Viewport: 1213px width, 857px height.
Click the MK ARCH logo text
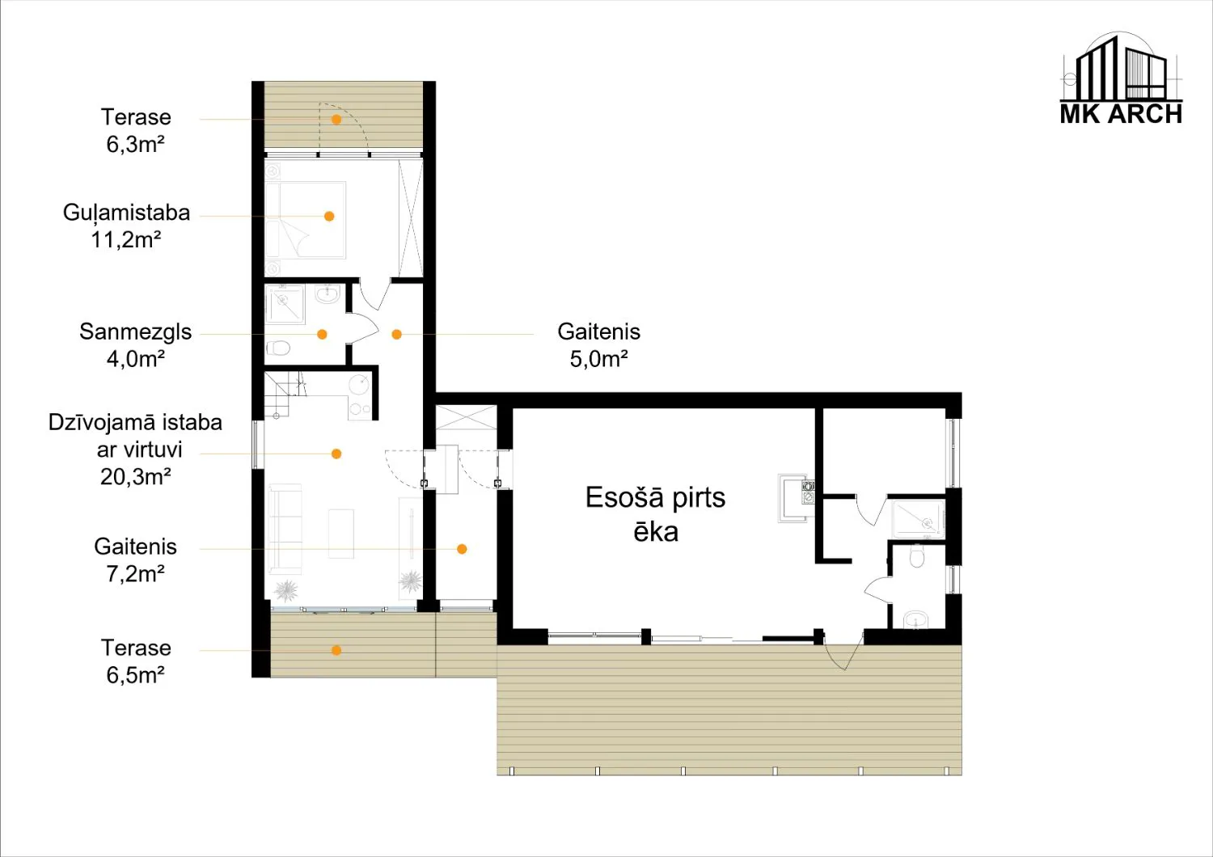[1121, 115]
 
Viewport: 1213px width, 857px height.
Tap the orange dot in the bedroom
[328, 216]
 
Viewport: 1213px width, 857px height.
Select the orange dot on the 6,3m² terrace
[336, 119]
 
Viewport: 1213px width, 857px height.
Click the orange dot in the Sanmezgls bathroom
[322, 334]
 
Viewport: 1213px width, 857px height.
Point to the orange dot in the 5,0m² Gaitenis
[396, 334]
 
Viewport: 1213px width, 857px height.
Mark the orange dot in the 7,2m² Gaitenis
[462, 549]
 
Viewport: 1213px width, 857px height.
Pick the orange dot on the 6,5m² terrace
[336, 650]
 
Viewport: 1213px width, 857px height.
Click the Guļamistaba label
[127, 213]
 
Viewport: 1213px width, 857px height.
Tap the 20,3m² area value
[136, 477]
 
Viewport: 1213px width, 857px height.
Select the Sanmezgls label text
[135, 332]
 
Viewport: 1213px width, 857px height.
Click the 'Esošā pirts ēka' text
[655, 514]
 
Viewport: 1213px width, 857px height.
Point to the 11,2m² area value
[126, 240]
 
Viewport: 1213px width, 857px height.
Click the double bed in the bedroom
[306, 220]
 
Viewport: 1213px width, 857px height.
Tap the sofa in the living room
[285, 529]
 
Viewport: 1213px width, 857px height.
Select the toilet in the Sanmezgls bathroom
[278, 348]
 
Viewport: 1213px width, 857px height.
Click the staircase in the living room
[283, 394]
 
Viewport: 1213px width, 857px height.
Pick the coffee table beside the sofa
[341, 534]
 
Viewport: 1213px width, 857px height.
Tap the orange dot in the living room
[336, 454]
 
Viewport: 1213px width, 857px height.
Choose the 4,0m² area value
[136, 359]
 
